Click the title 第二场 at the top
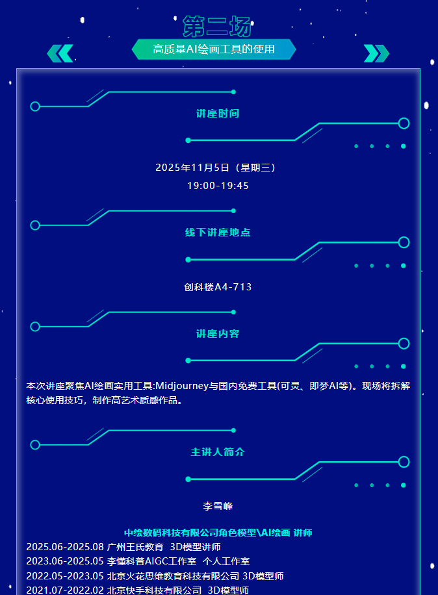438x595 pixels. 217,27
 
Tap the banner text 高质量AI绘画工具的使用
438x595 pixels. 214,49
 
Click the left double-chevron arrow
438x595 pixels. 60,53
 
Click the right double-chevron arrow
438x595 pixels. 376,53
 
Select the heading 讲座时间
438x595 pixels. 218,114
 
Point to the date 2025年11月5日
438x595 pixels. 192,168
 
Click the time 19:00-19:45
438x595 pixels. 218,186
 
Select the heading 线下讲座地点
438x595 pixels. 218,233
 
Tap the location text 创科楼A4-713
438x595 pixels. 218,286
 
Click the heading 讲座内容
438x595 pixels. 218,334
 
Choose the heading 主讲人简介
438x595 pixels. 218,452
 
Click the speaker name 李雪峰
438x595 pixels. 218,505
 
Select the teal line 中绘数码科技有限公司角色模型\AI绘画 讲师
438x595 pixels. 218,533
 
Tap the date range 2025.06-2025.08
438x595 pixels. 65,547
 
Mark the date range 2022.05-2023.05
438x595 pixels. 65,576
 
